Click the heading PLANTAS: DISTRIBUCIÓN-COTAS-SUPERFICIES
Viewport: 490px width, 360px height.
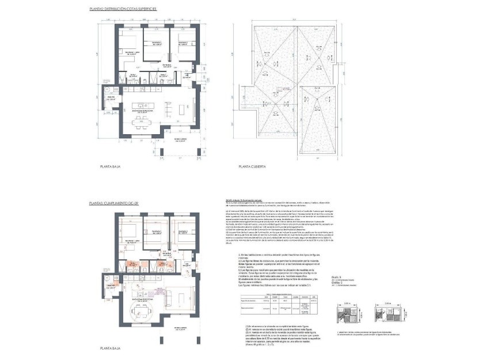point(123,10)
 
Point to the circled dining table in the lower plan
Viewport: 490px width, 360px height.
point(142,314)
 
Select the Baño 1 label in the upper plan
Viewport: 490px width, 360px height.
point(132,75)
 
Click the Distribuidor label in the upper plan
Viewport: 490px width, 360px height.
point(167,65)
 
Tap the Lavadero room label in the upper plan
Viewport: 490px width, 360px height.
point(112,98)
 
